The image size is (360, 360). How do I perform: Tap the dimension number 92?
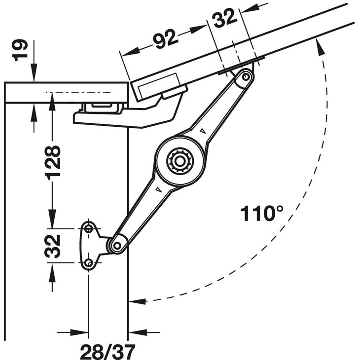(x=165, y=39)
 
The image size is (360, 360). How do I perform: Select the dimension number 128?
(x=52, y=161)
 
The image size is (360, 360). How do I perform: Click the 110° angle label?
(x=262, y=214)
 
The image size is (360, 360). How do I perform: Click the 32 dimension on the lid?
(x=224, y=20)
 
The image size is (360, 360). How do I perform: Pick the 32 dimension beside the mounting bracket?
(x=52, y=246)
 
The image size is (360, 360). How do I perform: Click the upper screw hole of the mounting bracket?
(x=89, y=228)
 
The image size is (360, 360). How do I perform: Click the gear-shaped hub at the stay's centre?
(x=179, y=160)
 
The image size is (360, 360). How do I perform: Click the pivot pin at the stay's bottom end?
(x=117, y=245)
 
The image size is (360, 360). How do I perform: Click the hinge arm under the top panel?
(x=123, y=116)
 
